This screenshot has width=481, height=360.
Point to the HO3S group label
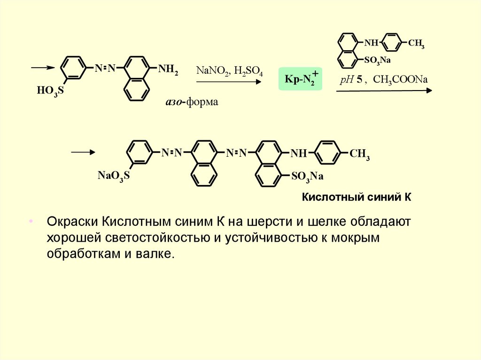click(50, 90)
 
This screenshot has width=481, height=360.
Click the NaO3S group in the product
click(113, 176)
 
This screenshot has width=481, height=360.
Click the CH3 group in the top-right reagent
click(416, 45)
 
